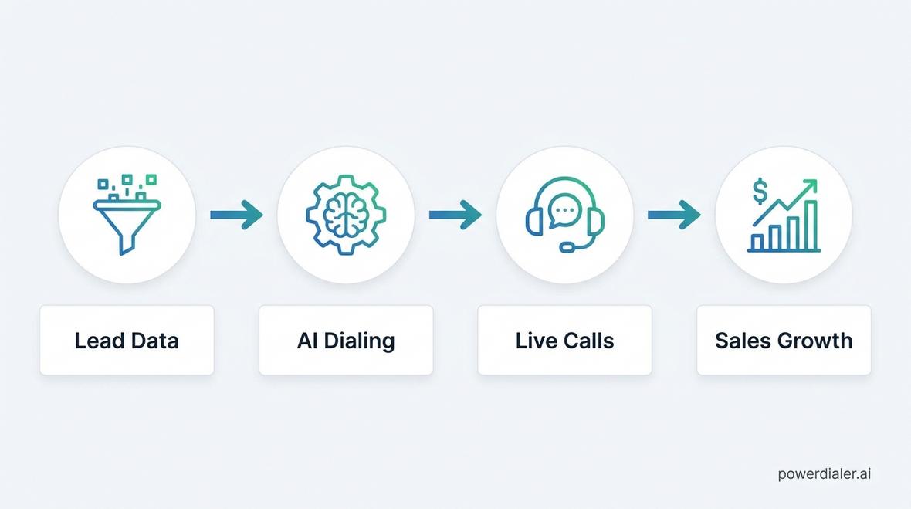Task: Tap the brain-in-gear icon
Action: click(346, 215)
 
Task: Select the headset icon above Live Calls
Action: click(564, 215)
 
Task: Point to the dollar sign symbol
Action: click(760, 192)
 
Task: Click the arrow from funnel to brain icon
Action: click(236, 215)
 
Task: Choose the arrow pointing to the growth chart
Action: click(674, 215)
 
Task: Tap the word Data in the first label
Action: click(154, 341)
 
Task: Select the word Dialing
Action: click(359, 341)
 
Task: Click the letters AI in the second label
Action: click(306, 341)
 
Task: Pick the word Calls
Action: click(587, 341)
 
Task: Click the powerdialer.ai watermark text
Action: click(825, 474)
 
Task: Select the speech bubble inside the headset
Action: click(564, 211)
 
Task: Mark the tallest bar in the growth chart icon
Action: click(811, 225)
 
